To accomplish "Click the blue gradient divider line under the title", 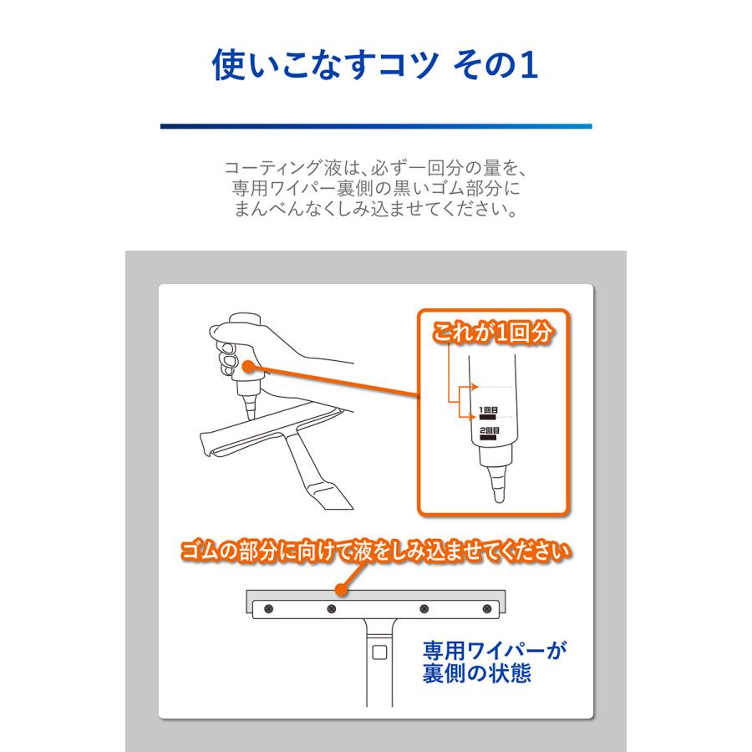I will tap(376, 126).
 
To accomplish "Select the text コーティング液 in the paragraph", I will tap(276, 168).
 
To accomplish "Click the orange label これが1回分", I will tap(494, 332).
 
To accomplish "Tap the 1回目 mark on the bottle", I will tap(489, 410).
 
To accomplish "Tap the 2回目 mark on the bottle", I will tap(489, 430).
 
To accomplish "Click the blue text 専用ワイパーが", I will tap(489, 650).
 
